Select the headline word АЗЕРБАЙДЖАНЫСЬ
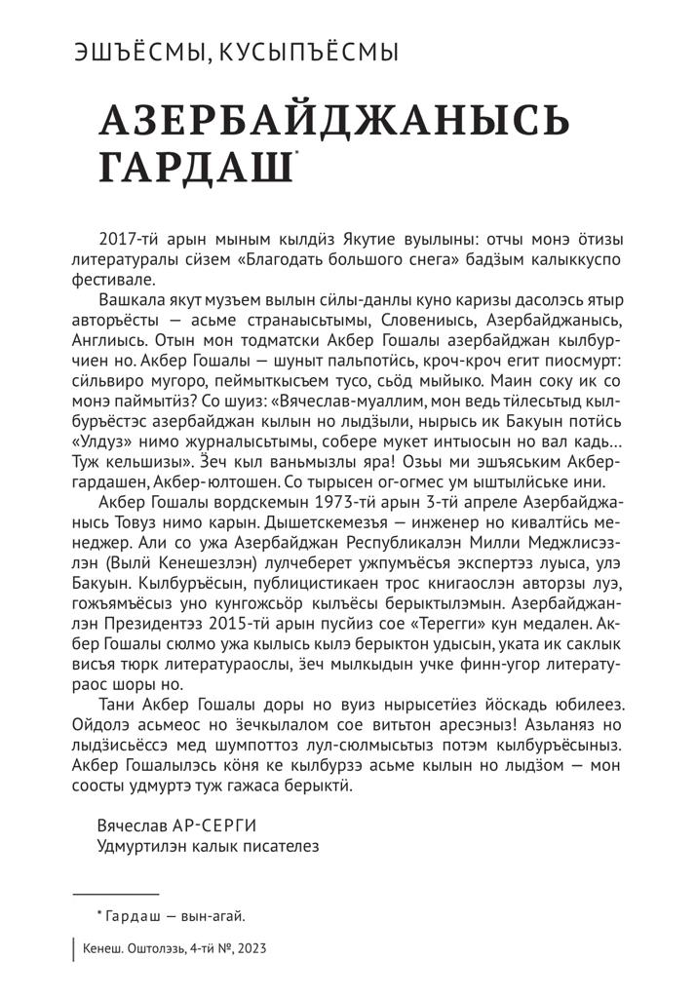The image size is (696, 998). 335,121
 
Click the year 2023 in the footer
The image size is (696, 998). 248,949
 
